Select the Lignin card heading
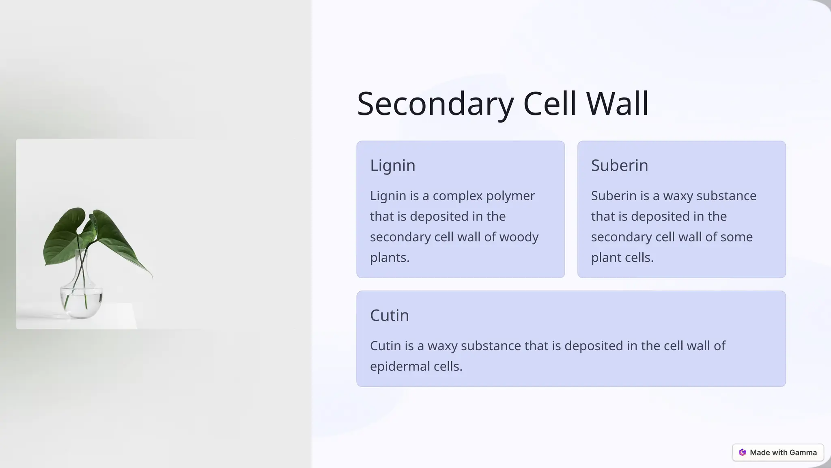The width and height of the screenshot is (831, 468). coord(392,165)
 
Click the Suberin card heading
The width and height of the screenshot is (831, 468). coord(619,165)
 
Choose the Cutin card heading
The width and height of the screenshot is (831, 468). coord(389,315)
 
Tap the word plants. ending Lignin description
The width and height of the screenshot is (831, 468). coord(390,258)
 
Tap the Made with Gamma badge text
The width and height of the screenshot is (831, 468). coord(783,453)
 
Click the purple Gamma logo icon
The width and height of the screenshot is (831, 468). coord(742,453)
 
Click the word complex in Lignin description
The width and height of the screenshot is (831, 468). coord(457,196)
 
